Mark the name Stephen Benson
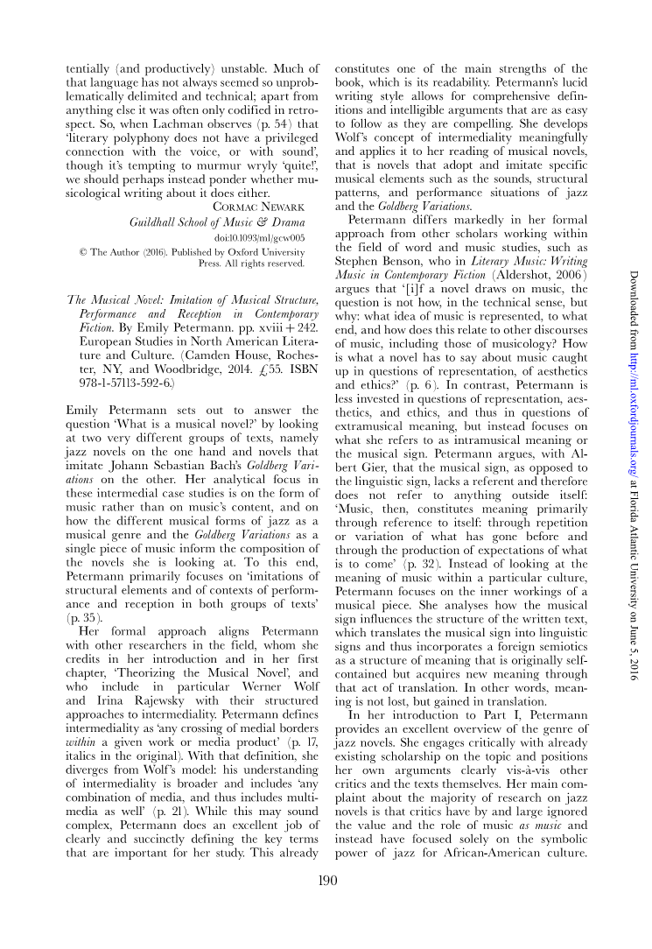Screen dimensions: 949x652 click(x=375, y=235)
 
